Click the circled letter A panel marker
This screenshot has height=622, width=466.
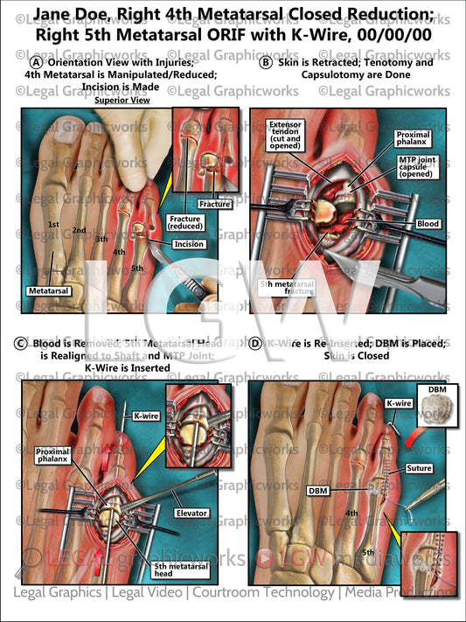[35, 64]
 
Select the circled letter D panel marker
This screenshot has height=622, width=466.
[255, 345]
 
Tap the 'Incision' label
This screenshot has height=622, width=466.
[190, 244]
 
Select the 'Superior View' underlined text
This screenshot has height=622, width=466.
[122, 101]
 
